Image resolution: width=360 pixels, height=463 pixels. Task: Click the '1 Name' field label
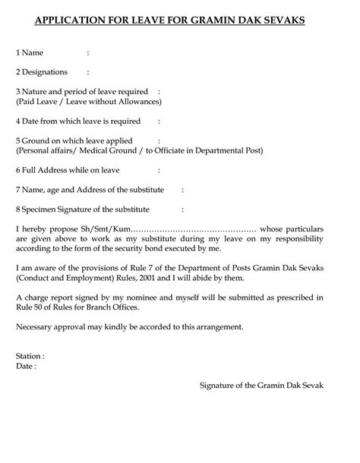30,53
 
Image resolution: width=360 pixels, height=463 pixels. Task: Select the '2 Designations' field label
42,72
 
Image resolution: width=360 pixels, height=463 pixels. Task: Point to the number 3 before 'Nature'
17,92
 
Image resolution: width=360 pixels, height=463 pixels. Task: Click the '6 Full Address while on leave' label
67,169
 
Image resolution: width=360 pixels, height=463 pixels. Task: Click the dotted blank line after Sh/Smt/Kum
194,228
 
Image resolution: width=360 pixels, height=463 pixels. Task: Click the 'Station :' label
30,355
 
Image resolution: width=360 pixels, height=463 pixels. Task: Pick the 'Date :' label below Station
26,366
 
